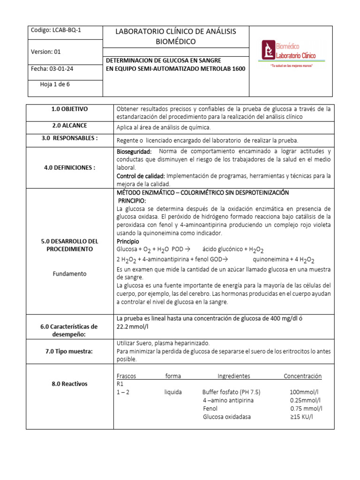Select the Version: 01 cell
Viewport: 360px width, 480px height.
click(x=45, y=52)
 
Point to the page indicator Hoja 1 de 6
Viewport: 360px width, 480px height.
click(x=56, y=85)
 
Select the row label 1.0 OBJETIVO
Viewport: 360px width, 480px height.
click(x=70, y=109)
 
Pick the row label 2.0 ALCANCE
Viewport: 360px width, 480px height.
click(x=70, y=126)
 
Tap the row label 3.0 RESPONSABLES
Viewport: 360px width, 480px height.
click(x=70, y=139)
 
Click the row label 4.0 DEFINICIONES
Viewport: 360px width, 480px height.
click(x=70, y=168)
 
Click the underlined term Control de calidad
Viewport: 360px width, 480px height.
click(x=140, y=176)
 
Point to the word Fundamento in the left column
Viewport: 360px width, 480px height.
click(x=70, y=274)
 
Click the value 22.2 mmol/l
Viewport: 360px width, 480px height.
click(x=134, y=328)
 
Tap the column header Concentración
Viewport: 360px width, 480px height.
click(x=302, y=376)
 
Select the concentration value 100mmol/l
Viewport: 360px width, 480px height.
click(x=304, y=392)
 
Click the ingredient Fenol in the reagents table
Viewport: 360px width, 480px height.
click(x=210, y=409)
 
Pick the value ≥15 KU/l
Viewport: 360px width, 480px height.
click(x=301, y=417)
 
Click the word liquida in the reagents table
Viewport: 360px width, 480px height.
click(x=173, y=392)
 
